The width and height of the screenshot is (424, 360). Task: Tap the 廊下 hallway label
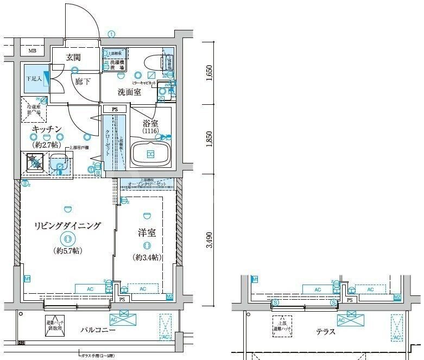coord(83,81)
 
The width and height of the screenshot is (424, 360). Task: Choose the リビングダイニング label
coord(67,225)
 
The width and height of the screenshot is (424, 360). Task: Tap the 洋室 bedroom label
coord(147,233)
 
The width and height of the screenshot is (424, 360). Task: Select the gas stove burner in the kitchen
coord(36,162)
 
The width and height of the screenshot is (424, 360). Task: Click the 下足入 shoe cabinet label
coord(35,78)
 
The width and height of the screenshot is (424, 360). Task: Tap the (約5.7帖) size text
coord(67,251)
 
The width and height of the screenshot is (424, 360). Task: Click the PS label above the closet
coord(115,109)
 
